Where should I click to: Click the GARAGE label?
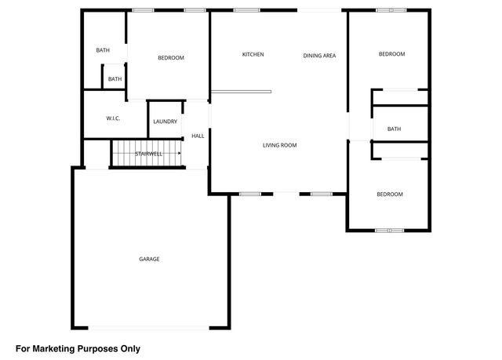click(149, 259)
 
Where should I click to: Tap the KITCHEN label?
click(253, 54)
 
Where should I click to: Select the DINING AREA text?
click(319, 55)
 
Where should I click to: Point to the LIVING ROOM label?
click(279, 145)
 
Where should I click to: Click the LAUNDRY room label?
click(165, 122)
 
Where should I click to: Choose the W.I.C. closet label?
click(112, 118)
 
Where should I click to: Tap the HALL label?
click(198, 136)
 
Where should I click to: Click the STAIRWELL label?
click(148, 154)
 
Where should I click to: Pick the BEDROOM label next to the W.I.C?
click(170, 58)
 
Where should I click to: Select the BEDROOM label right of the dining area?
click(391, 54)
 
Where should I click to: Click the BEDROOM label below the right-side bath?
click(389, 195)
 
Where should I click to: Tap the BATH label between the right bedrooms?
click(394, 129)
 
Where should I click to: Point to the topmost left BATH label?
click(103, 51)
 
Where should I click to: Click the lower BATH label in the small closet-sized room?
click(115, 79)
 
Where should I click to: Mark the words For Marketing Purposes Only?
click(78, 347)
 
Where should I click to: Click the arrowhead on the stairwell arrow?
click(180, 154)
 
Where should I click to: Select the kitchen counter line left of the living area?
click(241, 91)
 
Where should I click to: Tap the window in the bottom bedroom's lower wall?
click(389, 230)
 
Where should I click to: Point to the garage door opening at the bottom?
click(149, 327)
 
